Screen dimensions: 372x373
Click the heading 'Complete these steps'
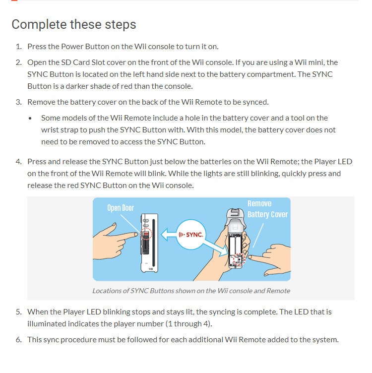point(74,24)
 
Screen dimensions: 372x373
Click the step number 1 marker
point(18,47)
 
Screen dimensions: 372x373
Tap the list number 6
point(18,339)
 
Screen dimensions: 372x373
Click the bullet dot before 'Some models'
point(30,118)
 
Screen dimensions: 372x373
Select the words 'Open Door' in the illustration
point(121,208)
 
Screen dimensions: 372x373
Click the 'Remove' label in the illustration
point(259,204)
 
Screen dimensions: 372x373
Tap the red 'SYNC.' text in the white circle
point(194,235)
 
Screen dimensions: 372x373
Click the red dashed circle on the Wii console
point(146,234)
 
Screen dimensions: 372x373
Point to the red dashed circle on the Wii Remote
point(239,259)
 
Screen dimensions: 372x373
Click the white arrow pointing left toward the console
point(169,235)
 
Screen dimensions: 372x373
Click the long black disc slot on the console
point(153,243)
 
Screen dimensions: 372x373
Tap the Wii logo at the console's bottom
point(151,269)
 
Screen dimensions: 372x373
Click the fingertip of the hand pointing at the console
point(136,235)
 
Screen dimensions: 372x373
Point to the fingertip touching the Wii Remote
point(250,257)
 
